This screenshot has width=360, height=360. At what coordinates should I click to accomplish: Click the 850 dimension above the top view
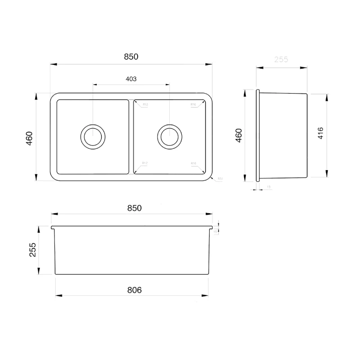tap(130, 57)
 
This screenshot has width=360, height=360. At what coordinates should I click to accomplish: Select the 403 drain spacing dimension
tap(131, 79)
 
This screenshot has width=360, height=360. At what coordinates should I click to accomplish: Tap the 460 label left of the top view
tap(29, 138)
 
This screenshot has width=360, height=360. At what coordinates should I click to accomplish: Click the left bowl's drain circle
tap(93, 135)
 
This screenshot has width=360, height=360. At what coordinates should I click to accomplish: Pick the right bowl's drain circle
tap(169, 135)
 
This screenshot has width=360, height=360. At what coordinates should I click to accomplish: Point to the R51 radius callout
tap(220, 179)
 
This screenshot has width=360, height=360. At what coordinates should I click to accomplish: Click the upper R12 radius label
tap(145, 105)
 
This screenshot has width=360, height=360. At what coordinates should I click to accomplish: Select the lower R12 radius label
tap(145, 163)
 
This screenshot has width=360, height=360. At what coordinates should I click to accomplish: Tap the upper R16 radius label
tap(193, 105)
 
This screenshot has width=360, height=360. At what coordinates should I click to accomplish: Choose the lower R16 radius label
tap(193, 163)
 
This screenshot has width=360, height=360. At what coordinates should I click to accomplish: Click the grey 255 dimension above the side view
tap(281, 59)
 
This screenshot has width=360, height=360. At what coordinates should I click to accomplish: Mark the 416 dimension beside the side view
tap(320, 135)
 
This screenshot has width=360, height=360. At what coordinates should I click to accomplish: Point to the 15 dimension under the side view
tap(269, 186)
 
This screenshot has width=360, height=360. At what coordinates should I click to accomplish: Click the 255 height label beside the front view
tap(32, 250)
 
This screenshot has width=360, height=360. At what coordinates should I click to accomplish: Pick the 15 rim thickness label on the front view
tap(216, 231)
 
